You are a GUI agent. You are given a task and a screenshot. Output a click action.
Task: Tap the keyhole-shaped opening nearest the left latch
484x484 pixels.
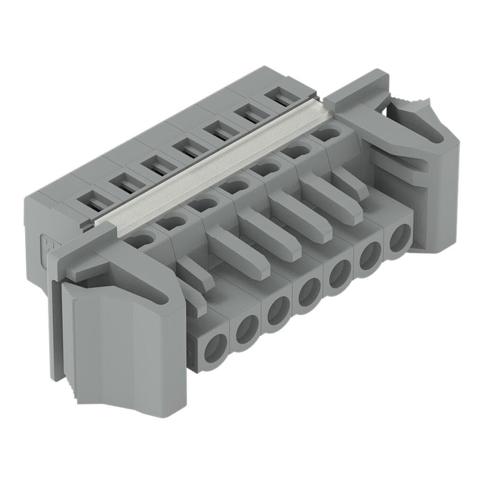138,241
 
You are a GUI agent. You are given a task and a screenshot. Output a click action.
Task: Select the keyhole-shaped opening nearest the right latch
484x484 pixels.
321,134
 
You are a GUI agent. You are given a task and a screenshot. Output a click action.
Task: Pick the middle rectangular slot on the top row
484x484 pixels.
188,150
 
